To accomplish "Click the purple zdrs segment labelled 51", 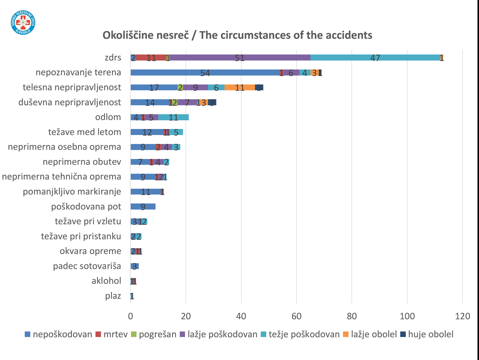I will (240, 58).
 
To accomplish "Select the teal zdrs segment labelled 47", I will (375, 58).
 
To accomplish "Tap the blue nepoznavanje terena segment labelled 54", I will (205, 73).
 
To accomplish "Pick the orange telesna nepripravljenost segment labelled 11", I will (239, 87).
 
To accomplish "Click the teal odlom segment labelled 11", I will (173, 117).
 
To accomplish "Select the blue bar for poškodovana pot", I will (143, 206).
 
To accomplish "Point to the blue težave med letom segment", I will (147, 132).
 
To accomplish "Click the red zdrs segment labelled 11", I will (151, 58).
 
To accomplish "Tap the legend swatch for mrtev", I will (98, 334).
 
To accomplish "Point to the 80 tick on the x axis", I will (352, 316).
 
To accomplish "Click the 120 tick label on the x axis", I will (462, 316).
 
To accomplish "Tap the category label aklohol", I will (106, 281).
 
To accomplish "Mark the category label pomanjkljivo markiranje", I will (72, 192).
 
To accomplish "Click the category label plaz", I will (113, 296).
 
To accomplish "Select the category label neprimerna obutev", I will (82, 162).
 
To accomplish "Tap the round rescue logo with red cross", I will (23, 22).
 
